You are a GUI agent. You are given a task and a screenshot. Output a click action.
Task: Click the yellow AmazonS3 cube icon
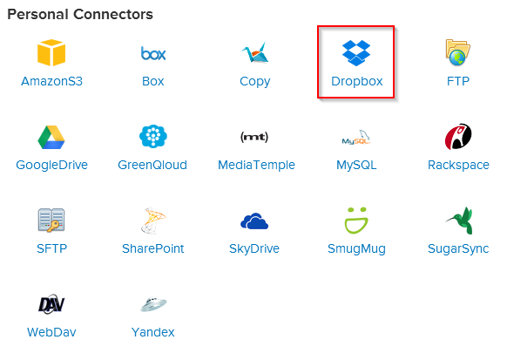tap(51, 52)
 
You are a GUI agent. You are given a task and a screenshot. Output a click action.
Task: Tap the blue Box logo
tap(153, 53)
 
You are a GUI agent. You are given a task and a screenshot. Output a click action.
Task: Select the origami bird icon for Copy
tap(254, 51)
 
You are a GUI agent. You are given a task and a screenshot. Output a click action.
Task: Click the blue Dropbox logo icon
tap(356, 52)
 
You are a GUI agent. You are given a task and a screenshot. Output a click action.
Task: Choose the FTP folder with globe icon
tap(457, 52)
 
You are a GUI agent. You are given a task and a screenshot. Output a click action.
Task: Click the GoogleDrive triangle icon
tap(51, 137)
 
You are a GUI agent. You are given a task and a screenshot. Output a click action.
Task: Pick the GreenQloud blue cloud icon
tap(153, 136)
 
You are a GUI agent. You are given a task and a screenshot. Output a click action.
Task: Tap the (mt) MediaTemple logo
tap(254, 137)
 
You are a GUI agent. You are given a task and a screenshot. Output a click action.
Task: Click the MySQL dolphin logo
tap(356, 138)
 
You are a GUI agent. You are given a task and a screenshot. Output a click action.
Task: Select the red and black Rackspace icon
tap(458, 136)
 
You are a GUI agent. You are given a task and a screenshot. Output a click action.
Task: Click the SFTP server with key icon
tap(51, 220)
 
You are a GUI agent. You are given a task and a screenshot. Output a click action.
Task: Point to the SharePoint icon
tap(153, 221)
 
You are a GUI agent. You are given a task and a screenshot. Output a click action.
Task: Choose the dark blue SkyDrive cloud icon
tap(254, 221)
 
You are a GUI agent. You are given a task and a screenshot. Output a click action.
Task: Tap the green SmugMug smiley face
tap(356, 221)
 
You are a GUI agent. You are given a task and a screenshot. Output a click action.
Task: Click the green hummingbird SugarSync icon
tap(459, 221)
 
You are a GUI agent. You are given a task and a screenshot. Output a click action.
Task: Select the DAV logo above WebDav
tap(51, 304)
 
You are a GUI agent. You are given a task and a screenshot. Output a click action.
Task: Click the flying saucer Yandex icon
tap(153, 304)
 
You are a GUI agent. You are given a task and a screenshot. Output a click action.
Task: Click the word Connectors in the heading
tap(113, 14)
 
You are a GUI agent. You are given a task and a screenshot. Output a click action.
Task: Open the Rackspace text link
tap(458, 165)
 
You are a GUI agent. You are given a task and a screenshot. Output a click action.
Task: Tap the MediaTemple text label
tap(256, 165)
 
